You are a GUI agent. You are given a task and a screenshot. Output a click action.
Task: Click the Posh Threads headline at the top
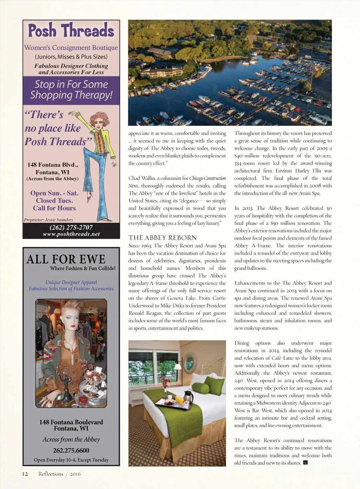click(x=71, y=31)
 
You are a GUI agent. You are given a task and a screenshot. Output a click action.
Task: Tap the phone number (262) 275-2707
click(x=71, y=227)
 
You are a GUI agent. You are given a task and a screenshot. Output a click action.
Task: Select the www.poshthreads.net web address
click(x=71, y=234)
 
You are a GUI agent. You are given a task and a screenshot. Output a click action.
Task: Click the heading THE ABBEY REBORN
click(x=162, y=238)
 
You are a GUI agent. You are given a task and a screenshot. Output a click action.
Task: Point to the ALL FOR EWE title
click(x=66, y=259)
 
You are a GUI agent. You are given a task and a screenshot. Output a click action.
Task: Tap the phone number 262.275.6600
click(x=71, y=450)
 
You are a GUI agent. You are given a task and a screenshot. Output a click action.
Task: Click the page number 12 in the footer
click(x=25, y=474)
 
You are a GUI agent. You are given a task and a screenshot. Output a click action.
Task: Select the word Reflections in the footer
click(x=51, y=474)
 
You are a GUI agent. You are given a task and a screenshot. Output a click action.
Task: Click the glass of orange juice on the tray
click(x=179, y=399)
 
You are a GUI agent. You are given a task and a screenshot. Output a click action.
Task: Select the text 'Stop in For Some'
click(x=71, y=84)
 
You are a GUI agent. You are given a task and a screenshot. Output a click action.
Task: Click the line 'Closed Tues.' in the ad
click(x=54, y=201)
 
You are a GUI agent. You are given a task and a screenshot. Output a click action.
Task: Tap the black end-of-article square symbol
click(x=305, y=463)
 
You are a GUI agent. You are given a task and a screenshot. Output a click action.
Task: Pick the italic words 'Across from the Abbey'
click(x=71, y=439)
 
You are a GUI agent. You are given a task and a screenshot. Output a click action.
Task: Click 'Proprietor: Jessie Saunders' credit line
click(x=49, y=220)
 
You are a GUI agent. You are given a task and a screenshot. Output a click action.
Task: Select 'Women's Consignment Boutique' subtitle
click(x=71, y=48)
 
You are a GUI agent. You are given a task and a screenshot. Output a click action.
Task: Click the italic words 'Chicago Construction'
click(x=207, y=178)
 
